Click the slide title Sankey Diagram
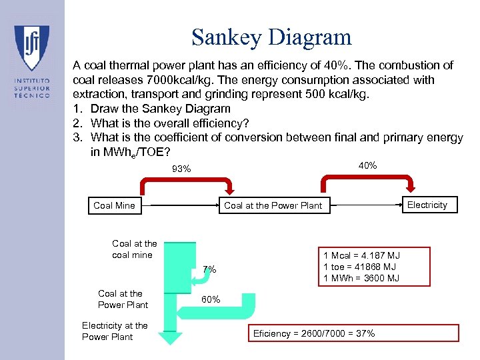click(271, 37)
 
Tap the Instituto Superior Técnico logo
click(31, 63)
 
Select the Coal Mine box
click(114, 205)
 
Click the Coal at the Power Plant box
click(273, 205)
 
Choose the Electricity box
click(427, 205)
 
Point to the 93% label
click(181, 169)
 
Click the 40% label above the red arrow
click(367, 165)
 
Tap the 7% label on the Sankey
click(209, 269)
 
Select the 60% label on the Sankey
click(211, 299)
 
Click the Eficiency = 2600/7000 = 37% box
click(353, 333)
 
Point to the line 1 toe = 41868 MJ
click(361, 267)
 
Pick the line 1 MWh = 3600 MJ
click(361, 278)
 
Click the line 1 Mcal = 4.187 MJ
click(361, 255)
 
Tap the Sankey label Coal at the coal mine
click(135, 249)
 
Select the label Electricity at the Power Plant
click(115, 331)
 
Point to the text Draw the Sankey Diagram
click(160, 109)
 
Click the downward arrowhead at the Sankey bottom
click(172, 339)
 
